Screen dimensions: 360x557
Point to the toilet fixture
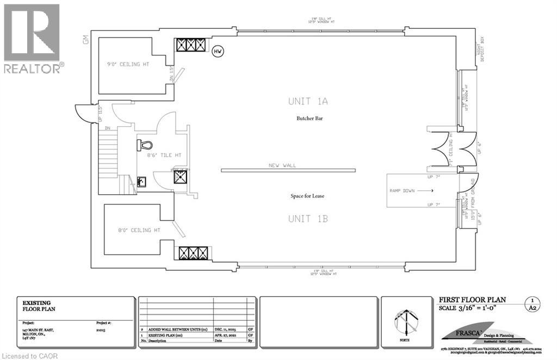click(145, 145)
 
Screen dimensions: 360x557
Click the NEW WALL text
click(282, 165)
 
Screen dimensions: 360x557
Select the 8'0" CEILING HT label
click(139, 230)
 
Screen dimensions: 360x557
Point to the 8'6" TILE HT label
click(164, 156)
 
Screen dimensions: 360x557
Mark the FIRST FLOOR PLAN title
click(472, 300)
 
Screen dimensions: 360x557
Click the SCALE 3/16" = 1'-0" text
click(472, 308)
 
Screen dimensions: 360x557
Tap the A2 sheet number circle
click(533, 304)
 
